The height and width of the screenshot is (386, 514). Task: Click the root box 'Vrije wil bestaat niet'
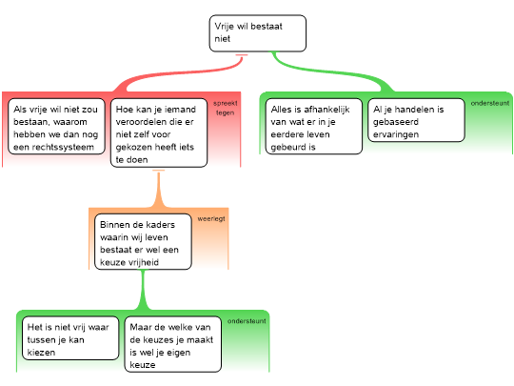click(258, 33)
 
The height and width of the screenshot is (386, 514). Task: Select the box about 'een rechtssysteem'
click(57, 127)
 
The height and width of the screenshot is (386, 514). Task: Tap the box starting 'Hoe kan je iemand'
click(159, 132)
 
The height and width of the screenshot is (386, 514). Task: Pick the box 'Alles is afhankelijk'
click(314, 127)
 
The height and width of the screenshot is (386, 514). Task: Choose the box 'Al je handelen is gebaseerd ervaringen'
click(416, 120)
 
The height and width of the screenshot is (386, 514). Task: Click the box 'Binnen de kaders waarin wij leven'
click(143, 242)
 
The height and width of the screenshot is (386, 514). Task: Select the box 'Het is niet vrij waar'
click(70, 338)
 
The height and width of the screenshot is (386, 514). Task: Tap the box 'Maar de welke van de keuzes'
click(172, 344)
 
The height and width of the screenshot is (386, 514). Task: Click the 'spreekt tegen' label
click(226, 108)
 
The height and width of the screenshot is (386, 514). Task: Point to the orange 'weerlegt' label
click(211, 218)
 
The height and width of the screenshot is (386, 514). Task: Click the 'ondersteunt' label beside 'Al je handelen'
click(490, 103)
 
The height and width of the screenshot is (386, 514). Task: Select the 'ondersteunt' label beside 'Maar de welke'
click(247, 321)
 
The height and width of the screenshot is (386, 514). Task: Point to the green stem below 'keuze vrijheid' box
click(143, 290)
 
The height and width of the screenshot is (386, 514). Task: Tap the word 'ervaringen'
click(396, 134)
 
